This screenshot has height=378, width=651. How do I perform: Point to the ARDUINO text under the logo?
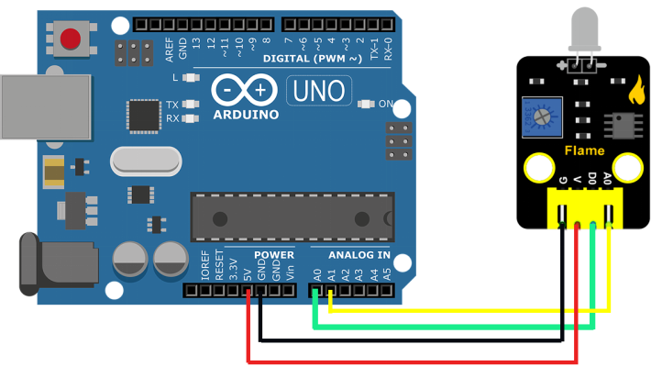pyautogui.click(x=246, y=115)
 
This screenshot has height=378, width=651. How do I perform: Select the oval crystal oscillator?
pyautogui.click(x=145, y=161)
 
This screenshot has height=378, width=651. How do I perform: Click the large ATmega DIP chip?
pyautogui.click(x=292, y=217)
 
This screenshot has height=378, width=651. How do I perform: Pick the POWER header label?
pyautogui.click(x=274, y=255)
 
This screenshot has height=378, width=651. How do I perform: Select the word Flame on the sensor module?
pyautogui.click(x=584, y=150)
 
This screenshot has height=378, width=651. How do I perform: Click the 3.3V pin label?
pyautogui.click(x=234, y=269)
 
